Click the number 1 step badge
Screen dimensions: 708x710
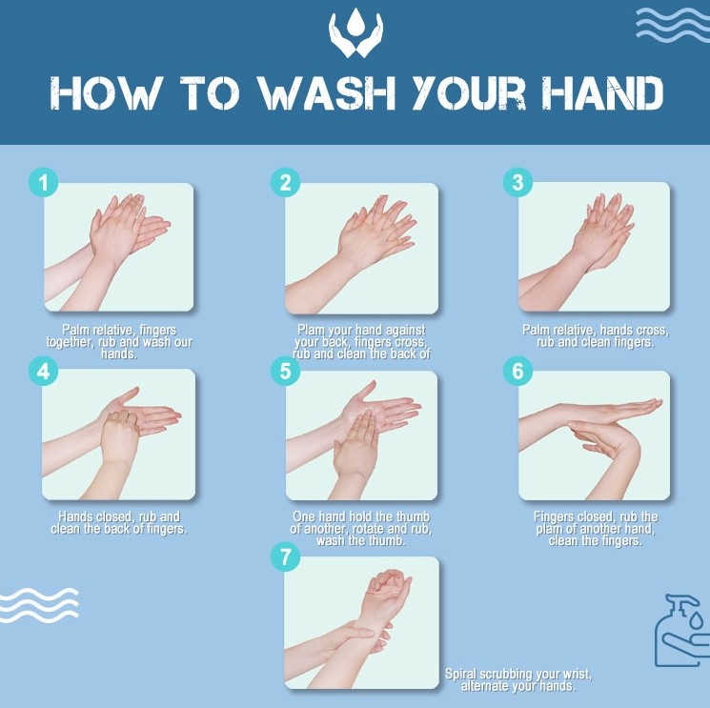tap(41, 182)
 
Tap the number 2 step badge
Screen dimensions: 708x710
tap(284, 182)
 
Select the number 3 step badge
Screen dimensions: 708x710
tap(517, 182)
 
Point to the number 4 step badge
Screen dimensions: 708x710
tap(41, 371)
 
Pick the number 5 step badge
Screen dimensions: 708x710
tap(284, 371)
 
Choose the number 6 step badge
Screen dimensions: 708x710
tap(517, 371)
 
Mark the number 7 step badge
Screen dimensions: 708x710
tap(284, 557)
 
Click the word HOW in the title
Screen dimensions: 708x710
tap(105, 93)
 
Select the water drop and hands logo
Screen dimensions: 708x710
tap(355, 33)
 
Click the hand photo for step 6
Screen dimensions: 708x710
tap(594, 435)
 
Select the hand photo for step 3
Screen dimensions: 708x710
tap(594, 248)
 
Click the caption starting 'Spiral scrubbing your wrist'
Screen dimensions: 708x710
tap(518, 680)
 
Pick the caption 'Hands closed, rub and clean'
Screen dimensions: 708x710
tap(119, 523)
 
